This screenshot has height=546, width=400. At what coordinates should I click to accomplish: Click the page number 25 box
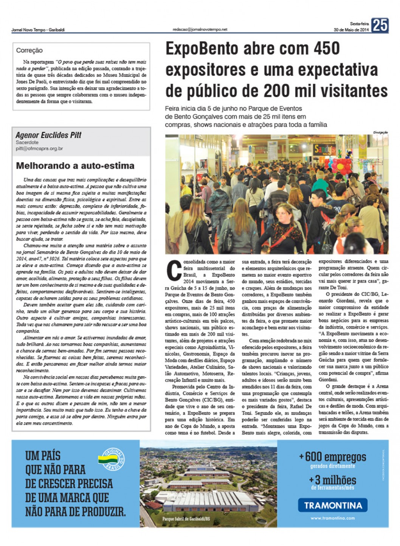tap(380, 25)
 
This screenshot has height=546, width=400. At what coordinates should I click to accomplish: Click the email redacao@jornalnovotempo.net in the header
tap(200, 29)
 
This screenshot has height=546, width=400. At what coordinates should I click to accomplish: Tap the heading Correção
tap(29, 50)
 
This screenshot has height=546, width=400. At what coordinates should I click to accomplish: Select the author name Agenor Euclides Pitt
tap(48, 135)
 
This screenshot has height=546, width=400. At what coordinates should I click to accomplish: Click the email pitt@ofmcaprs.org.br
tap(39, 149)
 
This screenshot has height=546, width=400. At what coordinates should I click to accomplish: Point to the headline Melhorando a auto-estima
tap(75, 165)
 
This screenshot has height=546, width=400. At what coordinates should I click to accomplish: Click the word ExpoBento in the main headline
tap(207, 49)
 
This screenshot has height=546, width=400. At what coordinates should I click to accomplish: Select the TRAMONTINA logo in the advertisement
tap(333, 505)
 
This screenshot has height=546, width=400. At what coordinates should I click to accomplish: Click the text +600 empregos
tap(333, 457)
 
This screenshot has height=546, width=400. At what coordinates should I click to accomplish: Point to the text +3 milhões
tap(333, 480)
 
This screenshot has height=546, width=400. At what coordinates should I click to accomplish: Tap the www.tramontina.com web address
tap(333, 518)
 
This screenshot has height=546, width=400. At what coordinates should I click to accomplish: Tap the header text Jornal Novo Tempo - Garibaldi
tap(38, 30)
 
